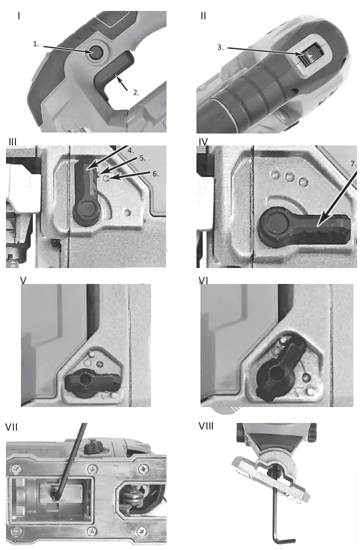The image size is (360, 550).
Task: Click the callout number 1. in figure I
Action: click(36, 44)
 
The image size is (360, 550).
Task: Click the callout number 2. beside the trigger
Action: click(135, 92)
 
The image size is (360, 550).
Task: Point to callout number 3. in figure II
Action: click(220, 48)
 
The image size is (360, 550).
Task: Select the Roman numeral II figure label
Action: click(203, 15)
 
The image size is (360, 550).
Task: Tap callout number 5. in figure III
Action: click(142, 158)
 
